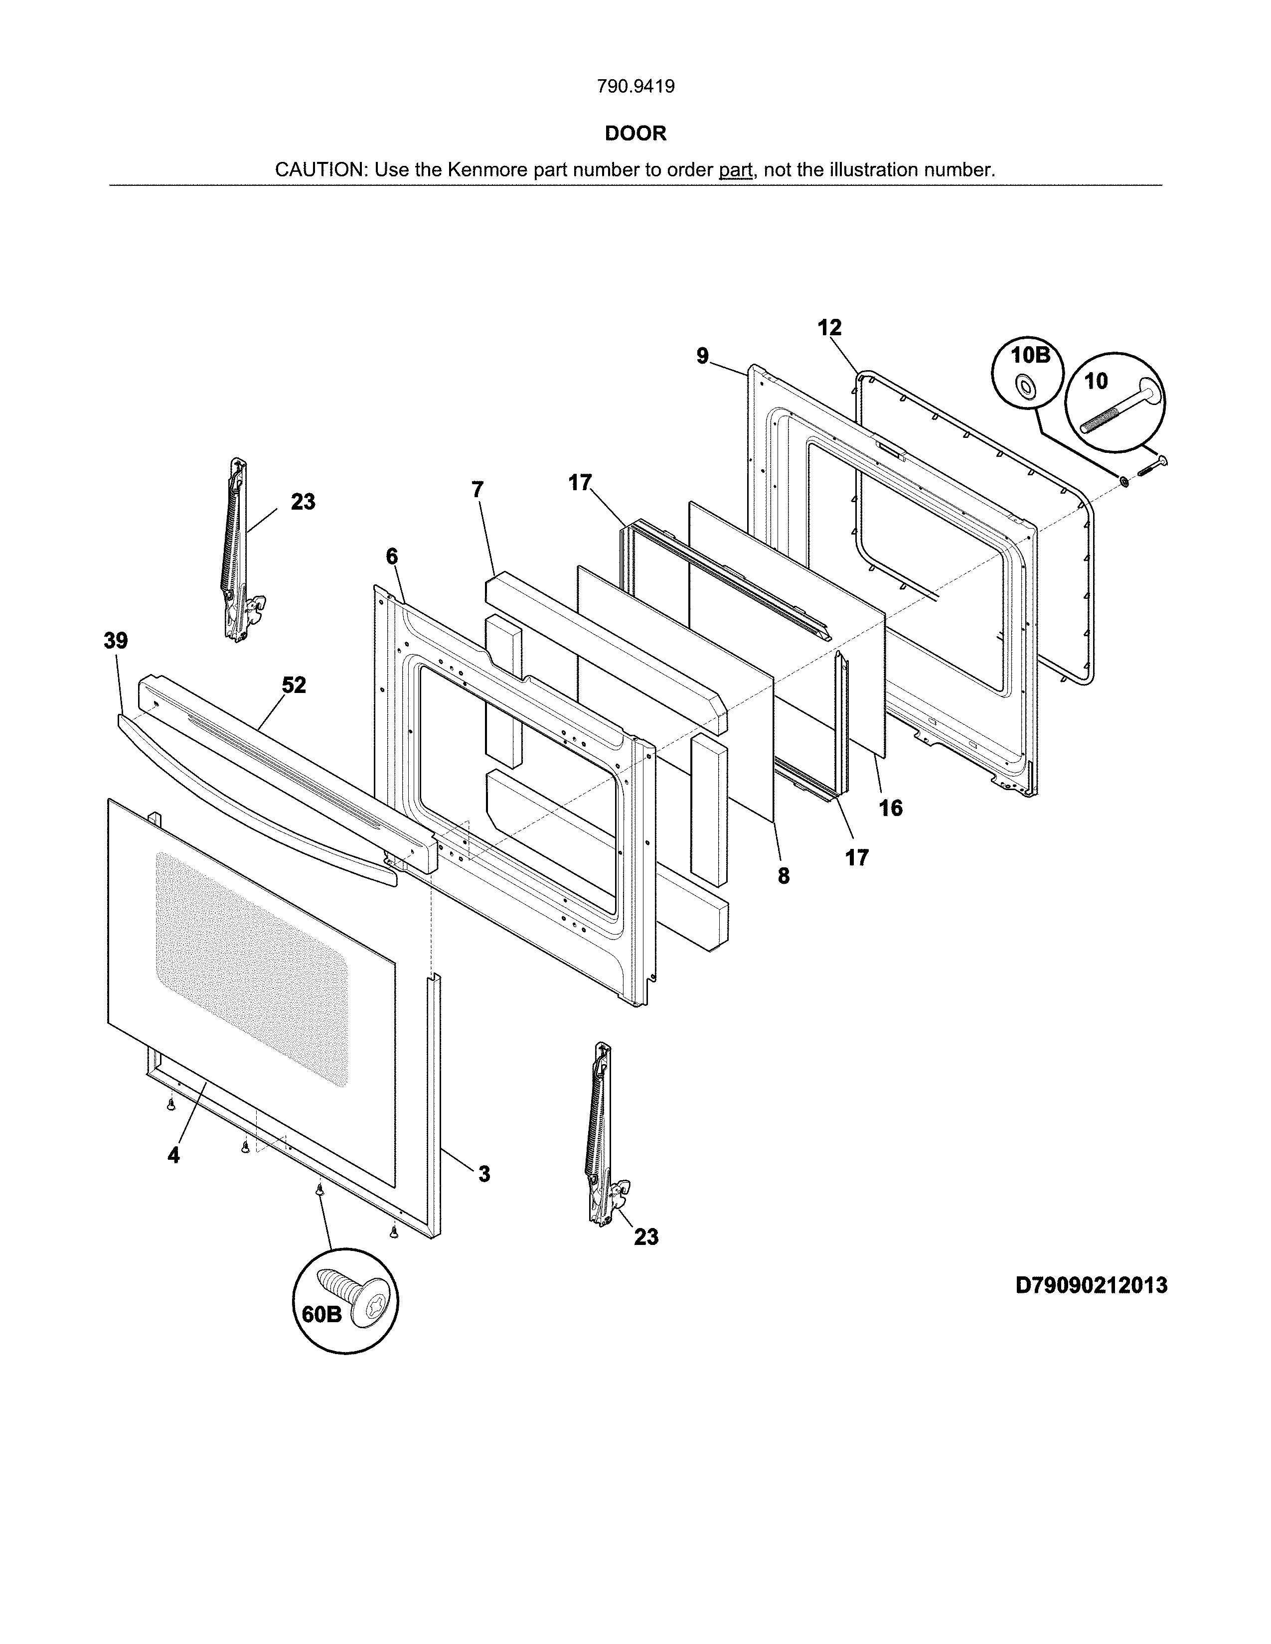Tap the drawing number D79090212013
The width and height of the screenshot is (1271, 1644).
(1091, 1285)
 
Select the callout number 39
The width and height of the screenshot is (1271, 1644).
(116, 641)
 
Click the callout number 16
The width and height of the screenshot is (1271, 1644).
(891, 808)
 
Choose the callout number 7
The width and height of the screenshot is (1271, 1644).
(477, 489)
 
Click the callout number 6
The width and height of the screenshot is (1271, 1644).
(392, 556)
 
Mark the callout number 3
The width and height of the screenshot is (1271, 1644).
(484, 1174)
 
